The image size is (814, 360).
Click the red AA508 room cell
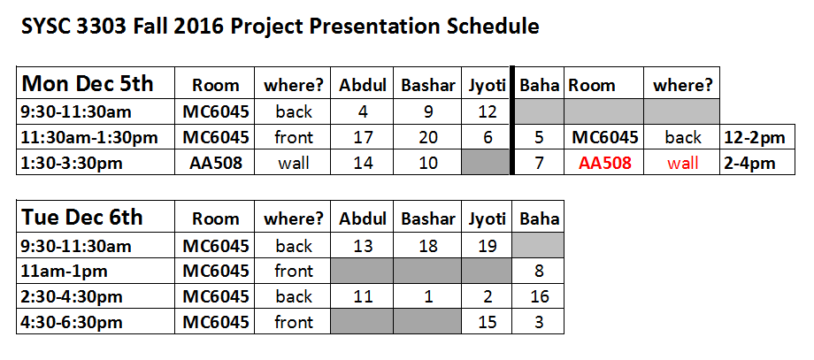click(x=605, y=163)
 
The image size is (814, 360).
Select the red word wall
click(x=683, y=163)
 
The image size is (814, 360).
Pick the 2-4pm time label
click(x=749, y=164)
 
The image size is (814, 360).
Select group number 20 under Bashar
click(x=427, y=137)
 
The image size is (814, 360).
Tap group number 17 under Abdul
click(x=363, y=137)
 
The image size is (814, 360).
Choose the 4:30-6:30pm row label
click(x=73, y=322)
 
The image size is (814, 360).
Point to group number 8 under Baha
click(x=540, y=271)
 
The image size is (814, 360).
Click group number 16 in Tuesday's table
click(x=540, y=296)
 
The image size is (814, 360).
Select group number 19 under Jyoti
click(x=487, y=245)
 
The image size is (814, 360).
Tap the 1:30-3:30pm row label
click(x=73, y=164)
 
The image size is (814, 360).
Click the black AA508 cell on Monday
click(x=215, y=164)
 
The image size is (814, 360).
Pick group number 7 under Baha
click(x=539, y=164)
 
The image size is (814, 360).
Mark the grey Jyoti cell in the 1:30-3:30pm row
click(x=487, y=163)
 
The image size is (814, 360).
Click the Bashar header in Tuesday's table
click(x=428, y=218)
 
